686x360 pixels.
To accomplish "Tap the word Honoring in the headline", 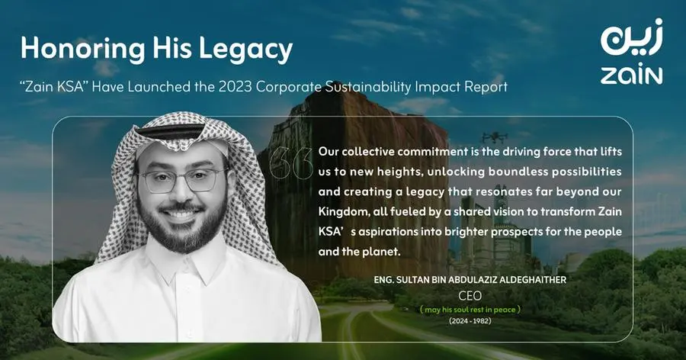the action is click(82, 49).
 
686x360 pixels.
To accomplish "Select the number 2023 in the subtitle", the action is click(236, 87).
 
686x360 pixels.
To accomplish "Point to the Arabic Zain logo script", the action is click(631, 37).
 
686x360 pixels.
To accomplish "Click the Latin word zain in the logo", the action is click(631, 76).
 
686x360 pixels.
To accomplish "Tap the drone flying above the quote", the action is click(495, 137).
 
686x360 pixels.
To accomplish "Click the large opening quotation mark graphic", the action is click(291, 163).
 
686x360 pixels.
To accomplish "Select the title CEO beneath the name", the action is click(470, 296).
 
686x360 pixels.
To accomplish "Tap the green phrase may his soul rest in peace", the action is click(470, 310).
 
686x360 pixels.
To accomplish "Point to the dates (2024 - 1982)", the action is click(470, 321).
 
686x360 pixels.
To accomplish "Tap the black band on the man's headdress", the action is click(170, 130).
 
